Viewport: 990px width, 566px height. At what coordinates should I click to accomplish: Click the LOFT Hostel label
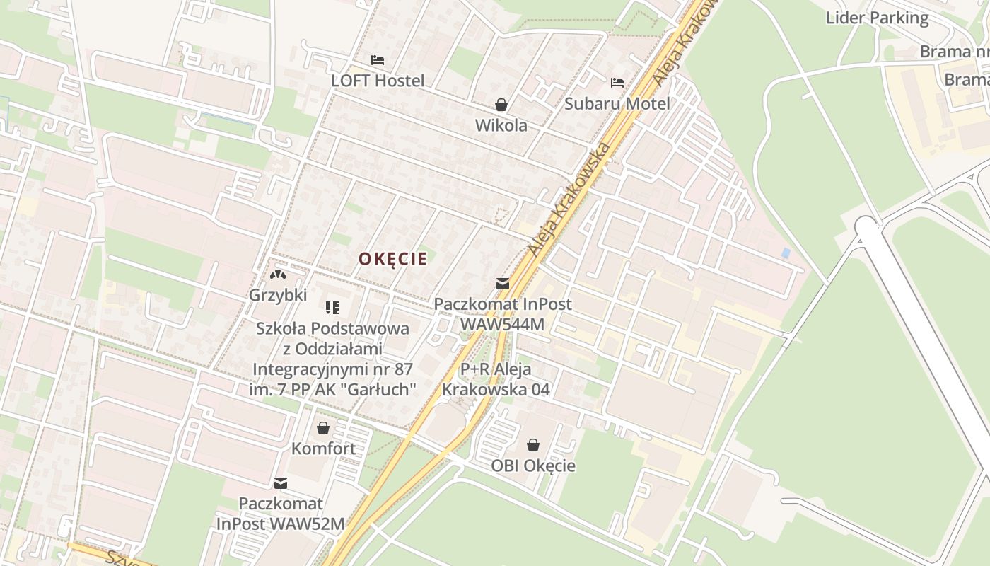pyautogui.click(x=378, y=81)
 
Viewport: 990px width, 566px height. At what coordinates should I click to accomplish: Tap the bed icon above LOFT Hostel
pyautogui.click(x=378, y=60)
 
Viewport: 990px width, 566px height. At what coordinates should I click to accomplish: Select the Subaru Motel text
pyautogui.click(x=617, y=103)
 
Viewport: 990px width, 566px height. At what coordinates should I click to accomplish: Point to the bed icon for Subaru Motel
pyautogui.click(x=617, y=83)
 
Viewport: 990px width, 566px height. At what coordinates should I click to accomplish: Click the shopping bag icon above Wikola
pyautogui.click(x=501, y=105)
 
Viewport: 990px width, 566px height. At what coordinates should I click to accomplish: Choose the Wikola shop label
pyautogui.click(x=501, y=125)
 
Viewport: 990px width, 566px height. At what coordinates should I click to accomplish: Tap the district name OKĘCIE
pyautogui.click(x=392, y=259)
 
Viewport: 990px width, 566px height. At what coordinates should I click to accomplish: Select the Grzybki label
pyautogui.click(x=277, y=295)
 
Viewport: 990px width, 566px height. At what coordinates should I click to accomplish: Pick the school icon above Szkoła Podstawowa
pyautogui.click(x=332, y=307)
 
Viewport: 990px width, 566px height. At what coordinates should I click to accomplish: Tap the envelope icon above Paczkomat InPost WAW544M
pyautogui.click(x=503, y=284)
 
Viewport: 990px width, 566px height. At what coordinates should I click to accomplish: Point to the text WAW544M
pyautogui.click(x=502, y=324)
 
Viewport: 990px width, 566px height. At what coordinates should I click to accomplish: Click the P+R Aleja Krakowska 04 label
pyautogui.click(x=496, y=379)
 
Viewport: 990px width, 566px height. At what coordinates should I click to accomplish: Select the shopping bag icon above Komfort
pyautogui.click(x=323, y=428)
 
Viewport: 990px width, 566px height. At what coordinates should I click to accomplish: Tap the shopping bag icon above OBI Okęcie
pyautogui.click(x=533, y=445)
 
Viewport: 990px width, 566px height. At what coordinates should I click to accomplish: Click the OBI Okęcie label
pyautogui.click(x=533, y=466)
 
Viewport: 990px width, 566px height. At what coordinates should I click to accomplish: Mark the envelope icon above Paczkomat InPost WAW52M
pyautogui.click(x=281, y=483)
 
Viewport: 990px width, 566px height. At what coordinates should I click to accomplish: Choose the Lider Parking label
pyautogui.click(x=877, y=18)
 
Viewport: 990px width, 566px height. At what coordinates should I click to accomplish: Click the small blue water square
pyautogui.click(x=786, y=253)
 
